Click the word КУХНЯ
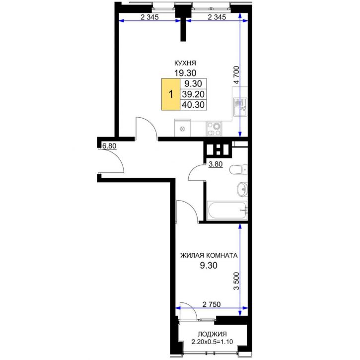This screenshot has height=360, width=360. [185, 63]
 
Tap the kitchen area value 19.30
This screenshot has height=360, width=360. [185, 73]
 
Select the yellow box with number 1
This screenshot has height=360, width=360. [171, 94]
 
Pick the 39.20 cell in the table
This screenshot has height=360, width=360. [193, 94]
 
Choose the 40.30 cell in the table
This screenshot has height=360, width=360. [193, 105]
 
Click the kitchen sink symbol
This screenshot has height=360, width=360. [240, 107]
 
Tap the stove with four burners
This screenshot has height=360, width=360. [214, 129]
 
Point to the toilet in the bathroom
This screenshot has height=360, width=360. [238, 170]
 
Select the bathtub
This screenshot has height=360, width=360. [227, 211]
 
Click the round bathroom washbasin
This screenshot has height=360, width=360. [242, 189]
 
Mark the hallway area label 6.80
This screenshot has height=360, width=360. [109, 146]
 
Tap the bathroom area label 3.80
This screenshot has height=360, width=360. [216, 164]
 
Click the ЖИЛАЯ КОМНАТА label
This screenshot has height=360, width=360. [209, 255]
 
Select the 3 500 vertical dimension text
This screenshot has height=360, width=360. [236, 281]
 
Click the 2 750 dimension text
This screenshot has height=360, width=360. [212, 304]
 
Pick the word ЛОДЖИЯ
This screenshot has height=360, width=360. [213, 334]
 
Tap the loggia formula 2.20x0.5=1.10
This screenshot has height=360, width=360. [213, 342]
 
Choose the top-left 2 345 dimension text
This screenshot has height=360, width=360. [149, 17]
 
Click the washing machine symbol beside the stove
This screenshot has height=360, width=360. [183, 129]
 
